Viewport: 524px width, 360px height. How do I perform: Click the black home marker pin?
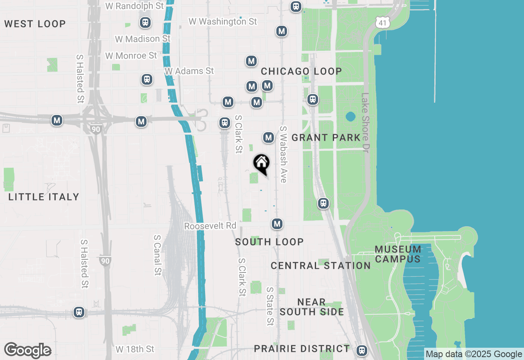click(261, 163)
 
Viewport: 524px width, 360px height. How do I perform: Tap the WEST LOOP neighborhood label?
click(35, 24)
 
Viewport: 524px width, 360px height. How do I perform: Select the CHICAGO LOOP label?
click(301, 71)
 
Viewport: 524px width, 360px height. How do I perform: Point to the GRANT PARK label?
click(326, 137)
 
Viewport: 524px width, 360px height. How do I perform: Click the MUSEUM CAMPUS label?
click(398, 254)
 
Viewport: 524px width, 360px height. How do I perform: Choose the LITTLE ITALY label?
click(44, 197)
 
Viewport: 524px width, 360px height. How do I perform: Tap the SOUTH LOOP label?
click(269, 242)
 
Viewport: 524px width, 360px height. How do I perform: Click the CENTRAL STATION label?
click(321, 265)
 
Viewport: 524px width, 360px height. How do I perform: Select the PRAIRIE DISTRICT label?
click(302, 349)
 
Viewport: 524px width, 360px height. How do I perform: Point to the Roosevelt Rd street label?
click(210, 226)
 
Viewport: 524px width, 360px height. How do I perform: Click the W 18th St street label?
click(135, 349)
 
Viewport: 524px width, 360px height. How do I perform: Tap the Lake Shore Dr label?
click(365, 123)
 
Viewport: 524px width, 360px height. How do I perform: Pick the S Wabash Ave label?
click(283, 154)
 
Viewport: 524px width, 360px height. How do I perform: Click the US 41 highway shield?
click(382, 23)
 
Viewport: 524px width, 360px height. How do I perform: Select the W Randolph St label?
click(135, 6)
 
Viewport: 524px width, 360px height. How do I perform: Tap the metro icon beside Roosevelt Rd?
click(277, 224)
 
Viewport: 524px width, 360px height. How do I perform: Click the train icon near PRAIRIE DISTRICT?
click(361, 350)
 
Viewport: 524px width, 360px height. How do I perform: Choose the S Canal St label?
click(158, 254)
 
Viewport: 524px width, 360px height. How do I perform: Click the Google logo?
click(28, 351)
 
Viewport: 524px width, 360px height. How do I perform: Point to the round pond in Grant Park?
click(350, 117)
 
